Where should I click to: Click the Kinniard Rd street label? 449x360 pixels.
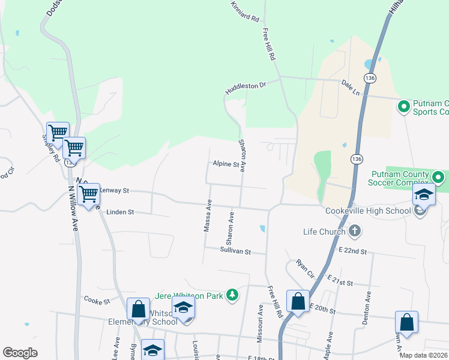pos(245,14)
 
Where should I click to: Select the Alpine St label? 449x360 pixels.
pos(226,164)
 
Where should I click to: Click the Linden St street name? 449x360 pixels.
pos(119,212)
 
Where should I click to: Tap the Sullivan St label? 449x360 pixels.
pos(235,251)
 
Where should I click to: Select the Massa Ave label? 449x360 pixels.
pos(208,217)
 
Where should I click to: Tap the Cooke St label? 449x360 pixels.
pos(97,299)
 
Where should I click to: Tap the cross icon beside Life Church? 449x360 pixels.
pos(355,231)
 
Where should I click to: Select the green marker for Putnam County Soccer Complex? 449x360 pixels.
pos(438,178)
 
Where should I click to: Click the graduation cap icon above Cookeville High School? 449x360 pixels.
pos(423,194)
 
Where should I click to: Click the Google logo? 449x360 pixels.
pos(20,353)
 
